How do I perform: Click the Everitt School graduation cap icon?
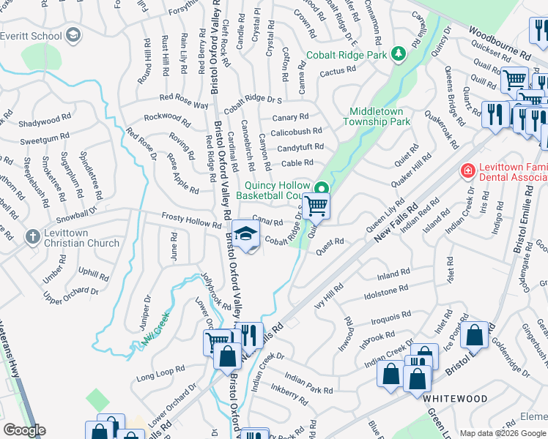(x=73, y=35)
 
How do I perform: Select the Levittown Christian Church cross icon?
(x=32, y=237)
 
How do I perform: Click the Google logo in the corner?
(x=23, y=430)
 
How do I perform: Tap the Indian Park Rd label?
(x=308, y=385)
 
